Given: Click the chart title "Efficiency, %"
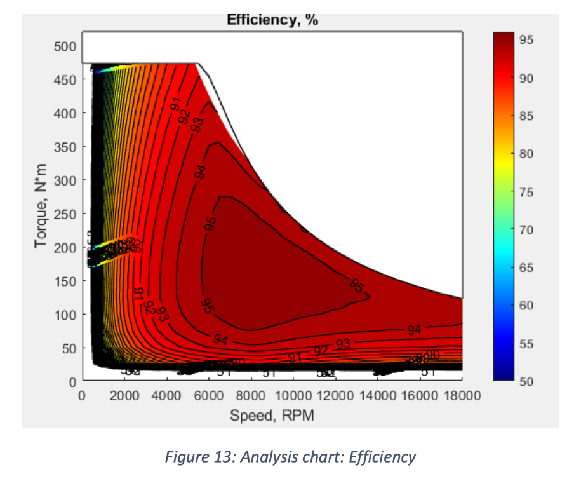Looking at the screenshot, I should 272,20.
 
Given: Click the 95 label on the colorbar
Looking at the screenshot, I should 529,40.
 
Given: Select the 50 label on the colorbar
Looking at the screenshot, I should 529,381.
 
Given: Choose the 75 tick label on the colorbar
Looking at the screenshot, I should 529,192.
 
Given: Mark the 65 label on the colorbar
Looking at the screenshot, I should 529,268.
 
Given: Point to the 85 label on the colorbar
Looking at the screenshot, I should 529,116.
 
